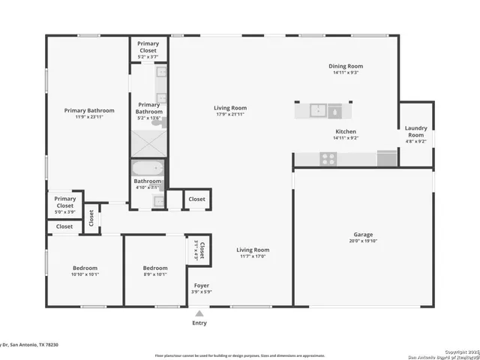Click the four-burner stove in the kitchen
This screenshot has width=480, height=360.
coord(328,159)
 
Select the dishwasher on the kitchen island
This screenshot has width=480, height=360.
coord(334,112)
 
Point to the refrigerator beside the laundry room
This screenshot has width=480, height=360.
coord(387,158)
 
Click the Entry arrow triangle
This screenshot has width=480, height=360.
coord(199,313)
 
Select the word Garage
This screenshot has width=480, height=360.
coord(363,234)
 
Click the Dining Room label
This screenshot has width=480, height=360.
coord(345,66)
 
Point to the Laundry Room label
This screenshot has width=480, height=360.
coord(415,131)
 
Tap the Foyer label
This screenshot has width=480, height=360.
coord(202,285)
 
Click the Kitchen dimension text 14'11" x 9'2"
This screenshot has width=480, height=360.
coord(345,138)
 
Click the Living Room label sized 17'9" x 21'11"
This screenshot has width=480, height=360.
coord(230,108)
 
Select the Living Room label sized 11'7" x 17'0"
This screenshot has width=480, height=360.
coord(252,250)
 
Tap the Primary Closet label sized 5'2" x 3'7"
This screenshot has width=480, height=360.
coord(148,43)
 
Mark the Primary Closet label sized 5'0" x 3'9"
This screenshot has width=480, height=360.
coord(64,199)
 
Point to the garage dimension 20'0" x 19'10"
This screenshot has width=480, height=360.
coord(363,241)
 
